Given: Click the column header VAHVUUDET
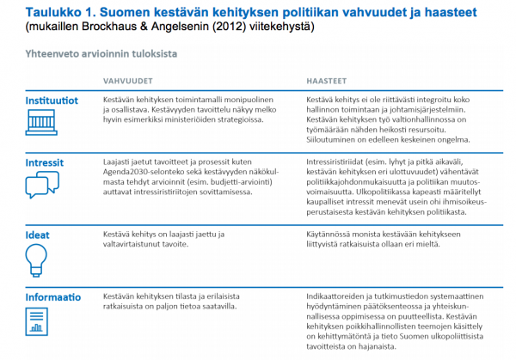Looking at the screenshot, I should pos(122,81).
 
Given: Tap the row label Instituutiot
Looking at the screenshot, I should pos(50,101).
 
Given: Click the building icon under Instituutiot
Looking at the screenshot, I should pos(39,124).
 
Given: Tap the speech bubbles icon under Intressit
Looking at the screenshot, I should pos(40,186).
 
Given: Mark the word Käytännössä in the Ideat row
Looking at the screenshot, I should pos(331,233).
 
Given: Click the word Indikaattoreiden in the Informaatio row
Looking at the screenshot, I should pos(338,295).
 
